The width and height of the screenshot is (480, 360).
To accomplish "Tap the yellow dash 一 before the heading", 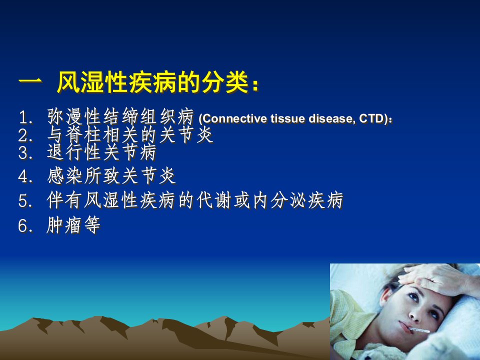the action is point(30,82).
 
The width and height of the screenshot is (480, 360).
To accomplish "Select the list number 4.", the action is point(24,176).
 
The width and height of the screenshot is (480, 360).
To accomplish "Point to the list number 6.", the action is point(24,226).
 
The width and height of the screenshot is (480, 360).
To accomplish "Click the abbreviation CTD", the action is point(371,118).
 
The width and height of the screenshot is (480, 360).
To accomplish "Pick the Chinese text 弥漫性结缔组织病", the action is point(120,116).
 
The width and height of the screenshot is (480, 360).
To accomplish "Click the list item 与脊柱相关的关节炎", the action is point(130,134).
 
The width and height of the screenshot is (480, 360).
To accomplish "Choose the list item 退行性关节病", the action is point(101,152).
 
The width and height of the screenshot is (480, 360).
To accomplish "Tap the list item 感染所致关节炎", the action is point(111,176).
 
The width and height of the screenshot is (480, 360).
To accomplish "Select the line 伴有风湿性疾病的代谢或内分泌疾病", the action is point(195,200).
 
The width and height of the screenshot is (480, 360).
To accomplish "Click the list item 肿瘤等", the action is point(73,225).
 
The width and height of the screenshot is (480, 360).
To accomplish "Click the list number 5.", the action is point(24,201).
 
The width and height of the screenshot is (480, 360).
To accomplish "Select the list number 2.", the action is point(24,135).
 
